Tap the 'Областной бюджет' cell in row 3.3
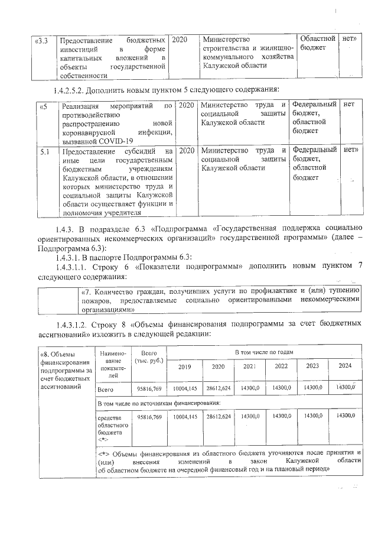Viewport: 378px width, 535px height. coord(318,43)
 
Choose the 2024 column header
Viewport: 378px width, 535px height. coord(345,365)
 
